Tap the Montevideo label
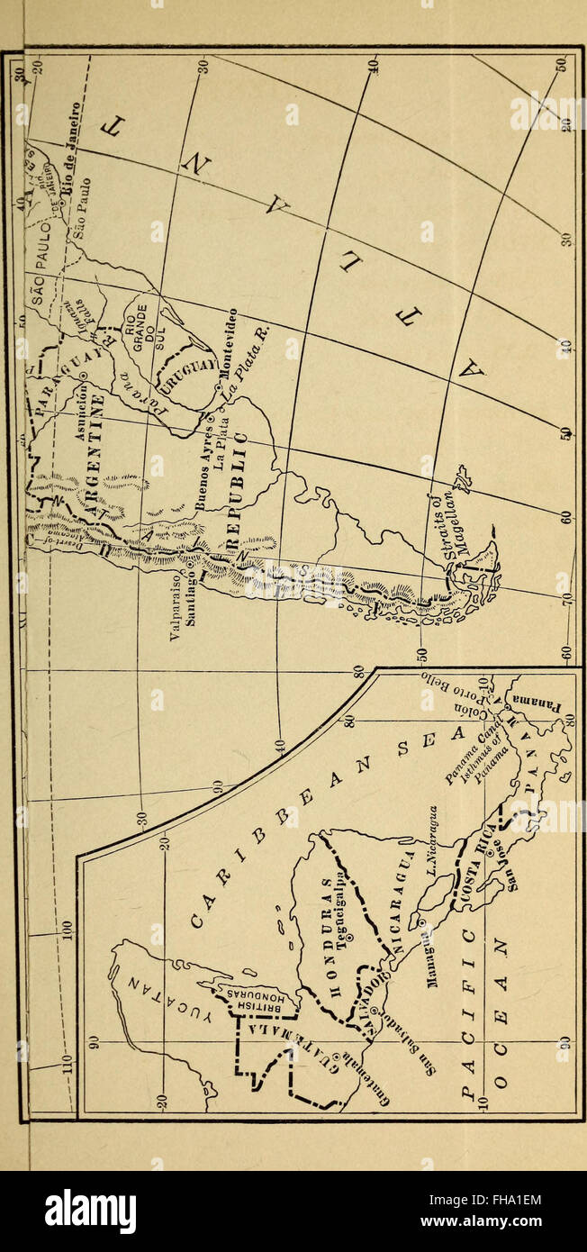(x=230, y=338)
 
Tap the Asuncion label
(x=88, y=411)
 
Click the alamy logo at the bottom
(x=90, y=1211)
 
